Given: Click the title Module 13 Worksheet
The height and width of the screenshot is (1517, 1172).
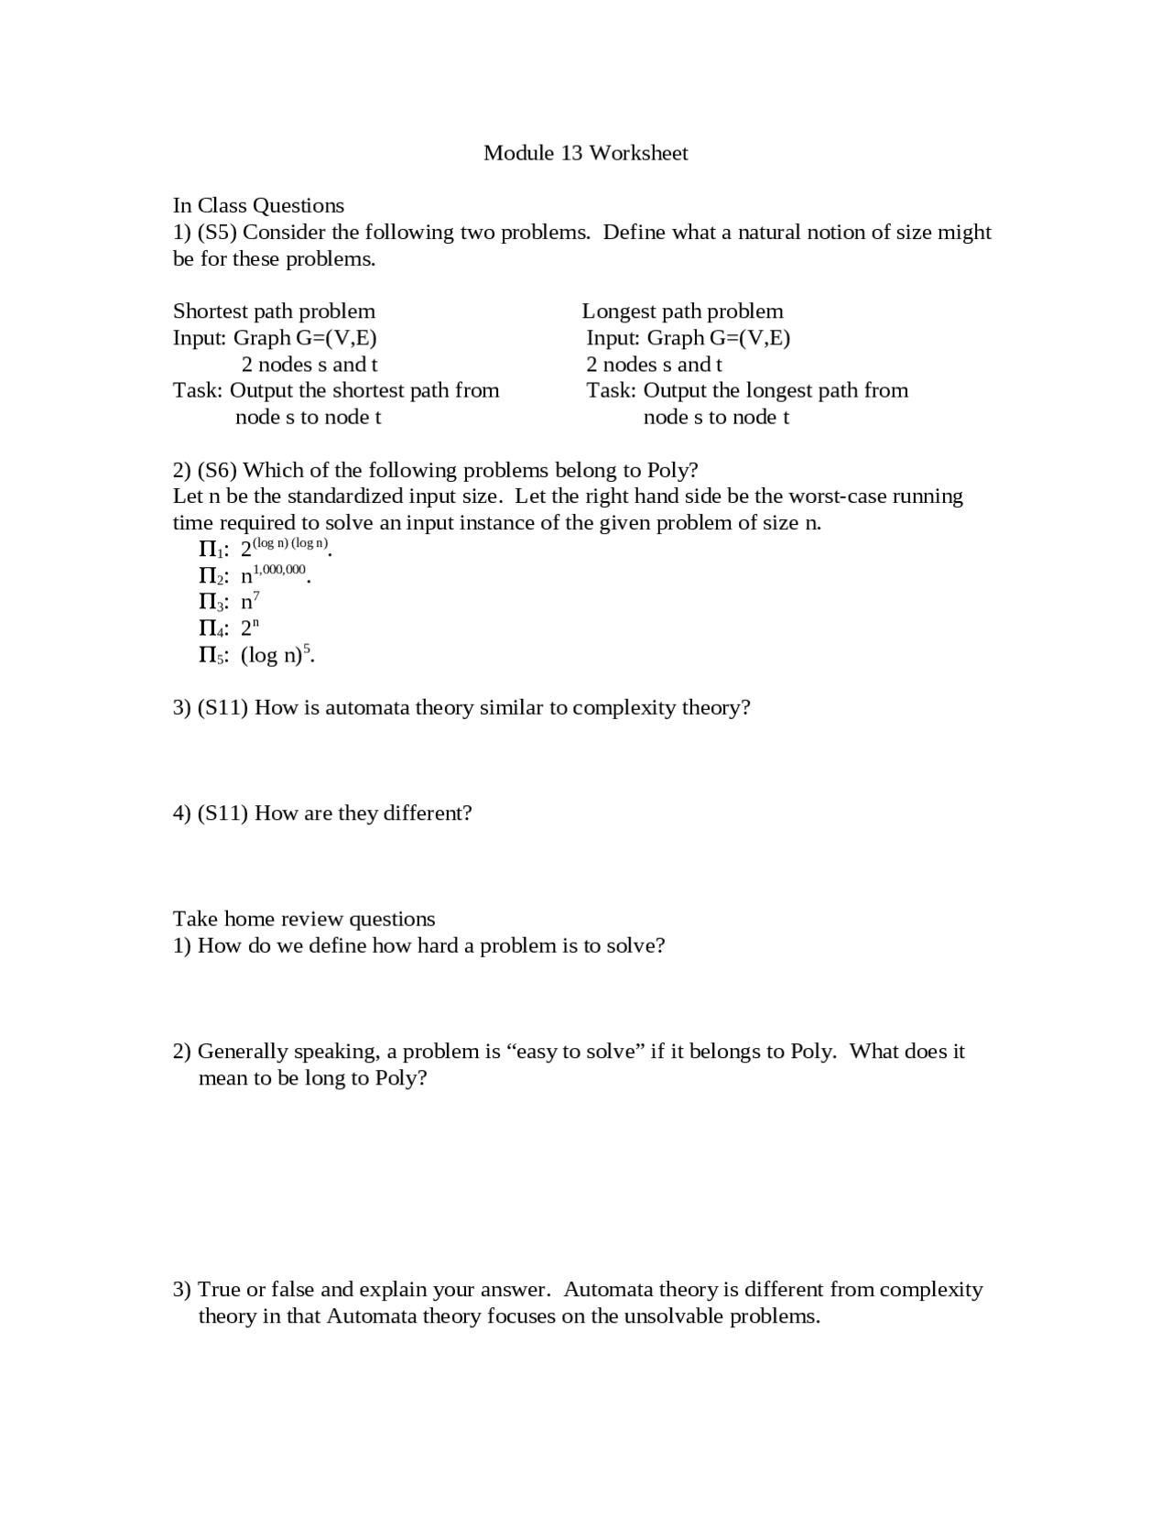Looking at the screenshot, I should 585,153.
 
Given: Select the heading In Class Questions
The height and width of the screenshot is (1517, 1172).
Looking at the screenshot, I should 258,205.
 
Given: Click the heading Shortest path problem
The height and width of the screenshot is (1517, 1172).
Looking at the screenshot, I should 274,311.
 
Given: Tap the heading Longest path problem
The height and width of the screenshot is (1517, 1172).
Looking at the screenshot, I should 682,311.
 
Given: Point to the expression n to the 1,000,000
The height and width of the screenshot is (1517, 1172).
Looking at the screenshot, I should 275,574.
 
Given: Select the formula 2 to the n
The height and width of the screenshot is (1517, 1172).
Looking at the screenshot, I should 250,628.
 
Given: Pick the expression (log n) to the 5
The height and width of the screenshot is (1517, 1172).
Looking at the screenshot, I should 277,654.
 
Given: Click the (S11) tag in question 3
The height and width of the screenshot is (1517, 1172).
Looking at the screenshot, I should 222,707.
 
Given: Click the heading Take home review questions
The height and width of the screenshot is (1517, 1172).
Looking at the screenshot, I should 304,919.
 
